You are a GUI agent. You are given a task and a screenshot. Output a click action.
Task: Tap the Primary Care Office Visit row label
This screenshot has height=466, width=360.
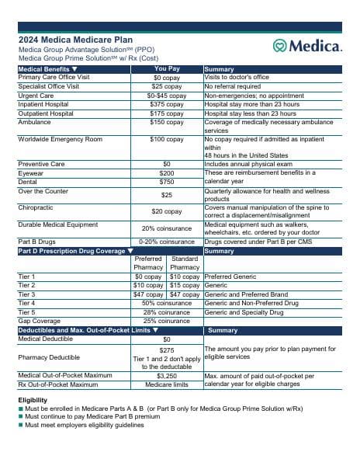(54, 78)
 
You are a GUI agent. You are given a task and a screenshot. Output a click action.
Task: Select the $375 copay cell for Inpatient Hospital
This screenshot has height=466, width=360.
(166, 104)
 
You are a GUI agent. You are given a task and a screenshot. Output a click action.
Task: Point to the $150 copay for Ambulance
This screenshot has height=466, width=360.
(166, 122)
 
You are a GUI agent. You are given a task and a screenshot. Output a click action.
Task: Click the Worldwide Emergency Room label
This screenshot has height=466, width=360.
(60, 140)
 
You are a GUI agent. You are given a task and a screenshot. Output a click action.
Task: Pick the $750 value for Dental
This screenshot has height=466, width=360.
(166, 182)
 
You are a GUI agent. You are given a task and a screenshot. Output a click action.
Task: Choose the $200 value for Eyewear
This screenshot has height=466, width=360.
(166, 173)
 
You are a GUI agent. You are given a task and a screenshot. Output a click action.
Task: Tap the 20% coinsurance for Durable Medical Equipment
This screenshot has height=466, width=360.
(166, 228)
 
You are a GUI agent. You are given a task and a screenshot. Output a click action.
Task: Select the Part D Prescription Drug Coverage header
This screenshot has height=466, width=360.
(71, 251)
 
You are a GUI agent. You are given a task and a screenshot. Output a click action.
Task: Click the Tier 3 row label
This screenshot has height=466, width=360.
(26, 294)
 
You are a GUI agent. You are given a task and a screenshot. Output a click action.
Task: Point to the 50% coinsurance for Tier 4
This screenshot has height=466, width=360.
(166, 303)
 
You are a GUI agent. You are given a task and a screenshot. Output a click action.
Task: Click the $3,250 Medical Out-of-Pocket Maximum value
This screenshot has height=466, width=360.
(166, 375)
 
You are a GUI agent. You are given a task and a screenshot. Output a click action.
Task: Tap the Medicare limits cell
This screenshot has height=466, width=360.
(166, 384)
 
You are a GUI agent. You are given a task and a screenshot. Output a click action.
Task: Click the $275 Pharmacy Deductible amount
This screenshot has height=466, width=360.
(166, 350)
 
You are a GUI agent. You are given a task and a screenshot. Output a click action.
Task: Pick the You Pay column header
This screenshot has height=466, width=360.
(166, 69)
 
